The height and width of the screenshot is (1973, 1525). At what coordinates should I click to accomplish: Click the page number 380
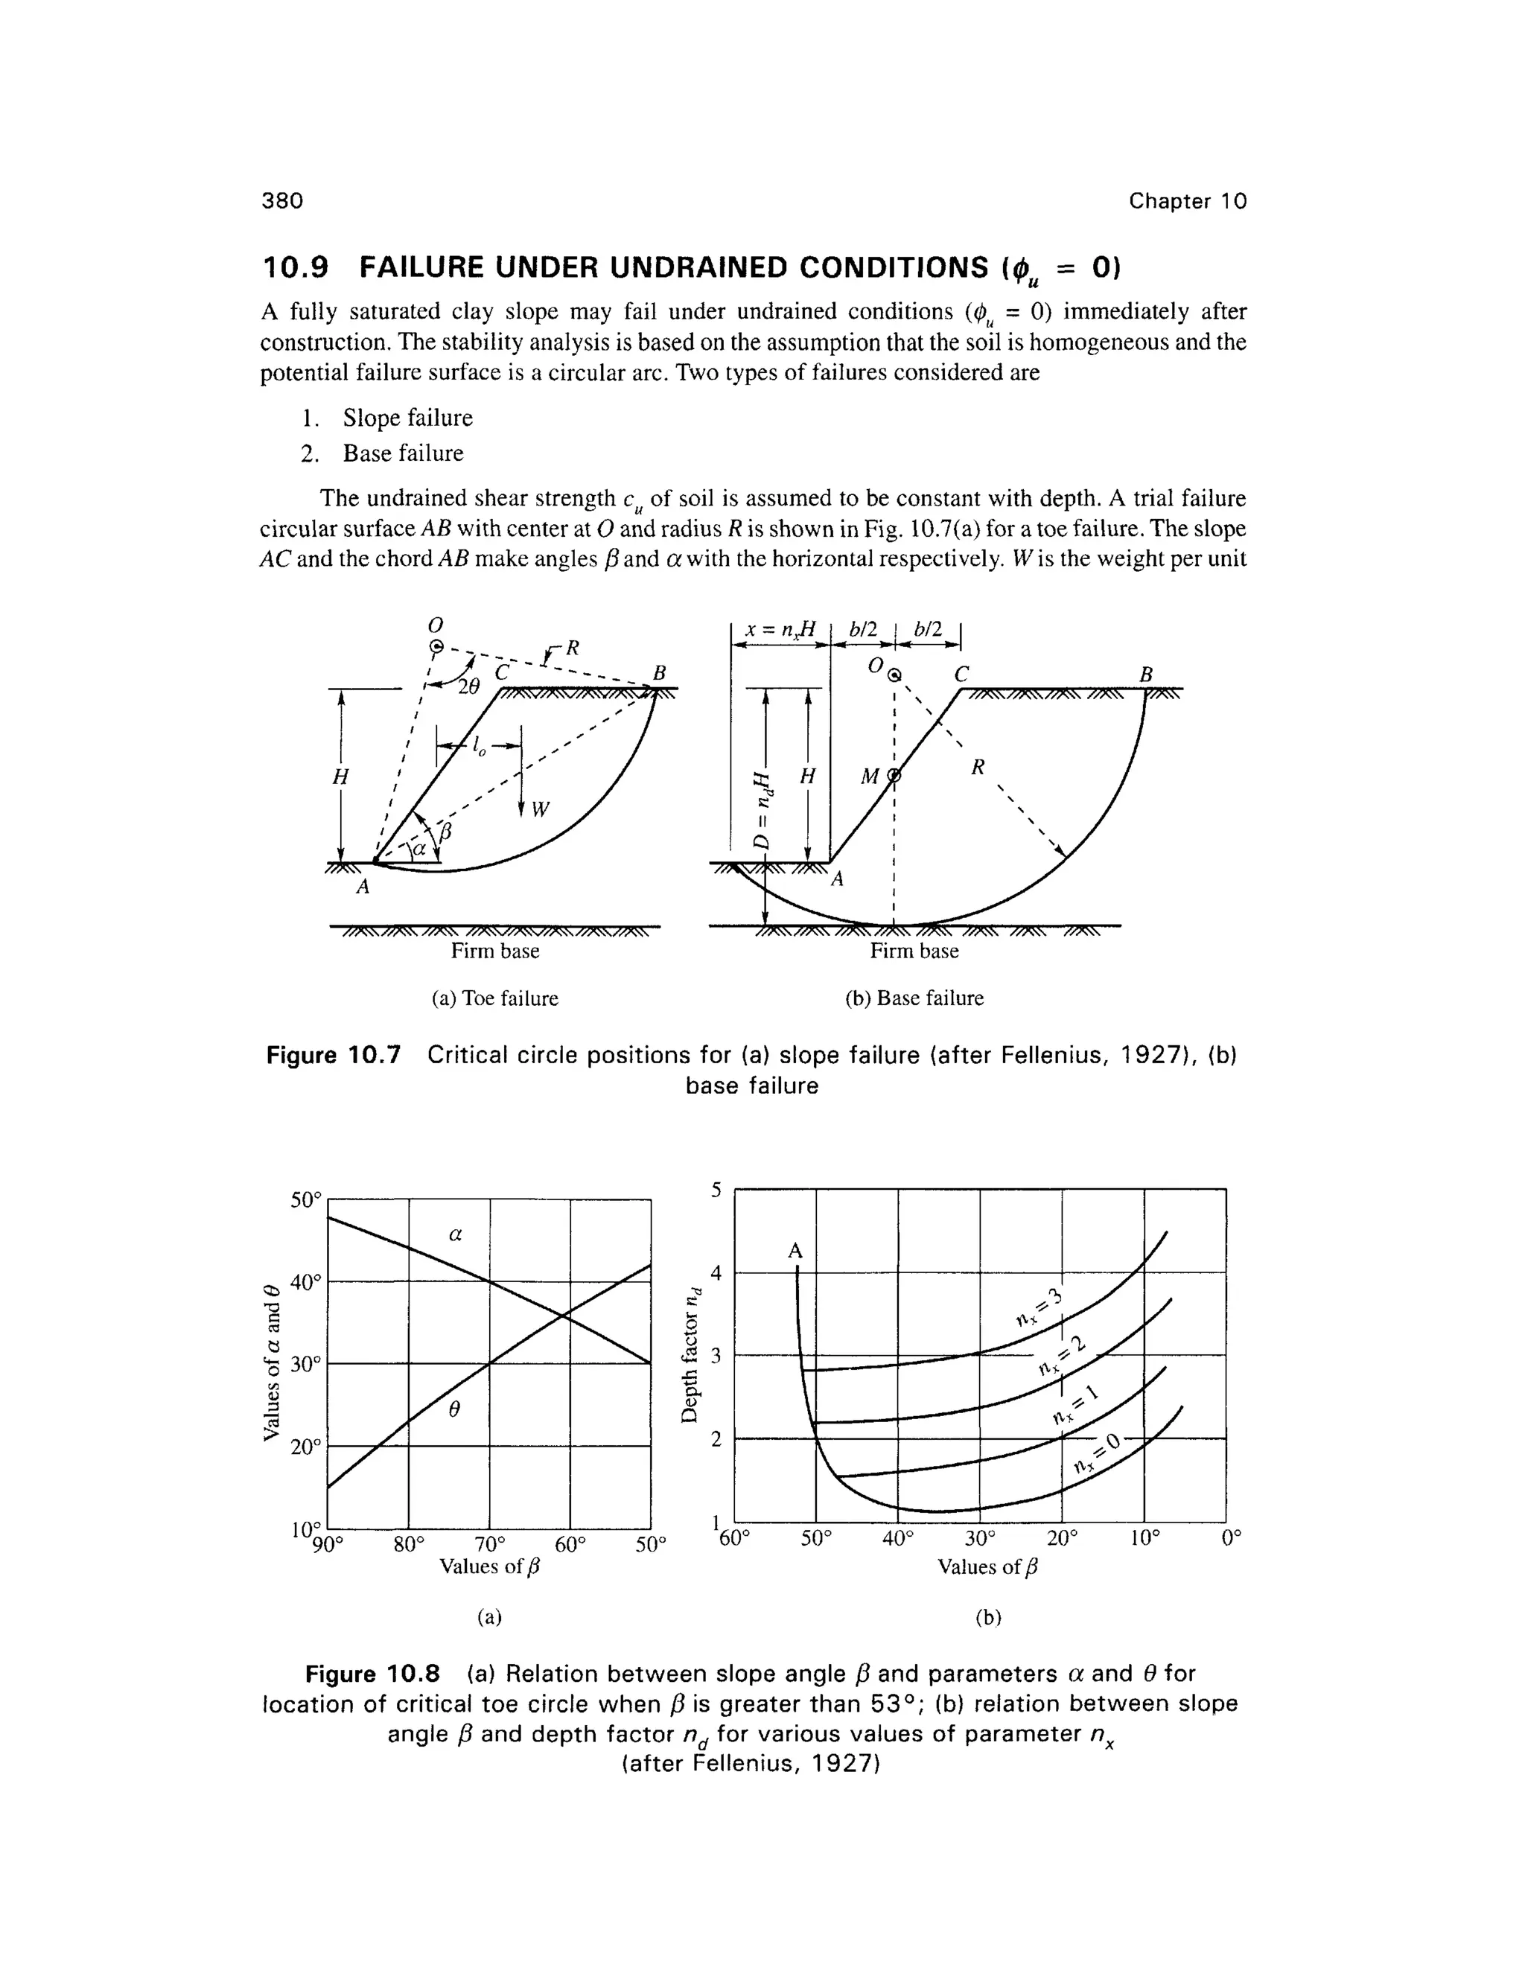282,200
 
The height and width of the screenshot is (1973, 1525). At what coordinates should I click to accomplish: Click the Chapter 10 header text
1187,200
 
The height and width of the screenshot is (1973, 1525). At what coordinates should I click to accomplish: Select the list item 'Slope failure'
407,418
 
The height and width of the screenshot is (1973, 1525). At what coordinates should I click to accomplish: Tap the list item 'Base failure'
403,453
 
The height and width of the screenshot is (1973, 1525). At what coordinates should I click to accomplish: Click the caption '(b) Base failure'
914,998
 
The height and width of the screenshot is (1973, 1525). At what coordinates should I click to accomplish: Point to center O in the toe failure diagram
436,645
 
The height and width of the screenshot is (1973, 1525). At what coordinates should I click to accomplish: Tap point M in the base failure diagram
869,777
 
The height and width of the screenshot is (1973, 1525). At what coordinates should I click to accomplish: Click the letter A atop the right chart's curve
795,1252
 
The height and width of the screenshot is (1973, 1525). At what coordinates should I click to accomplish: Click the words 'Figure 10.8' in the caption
372,1674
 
